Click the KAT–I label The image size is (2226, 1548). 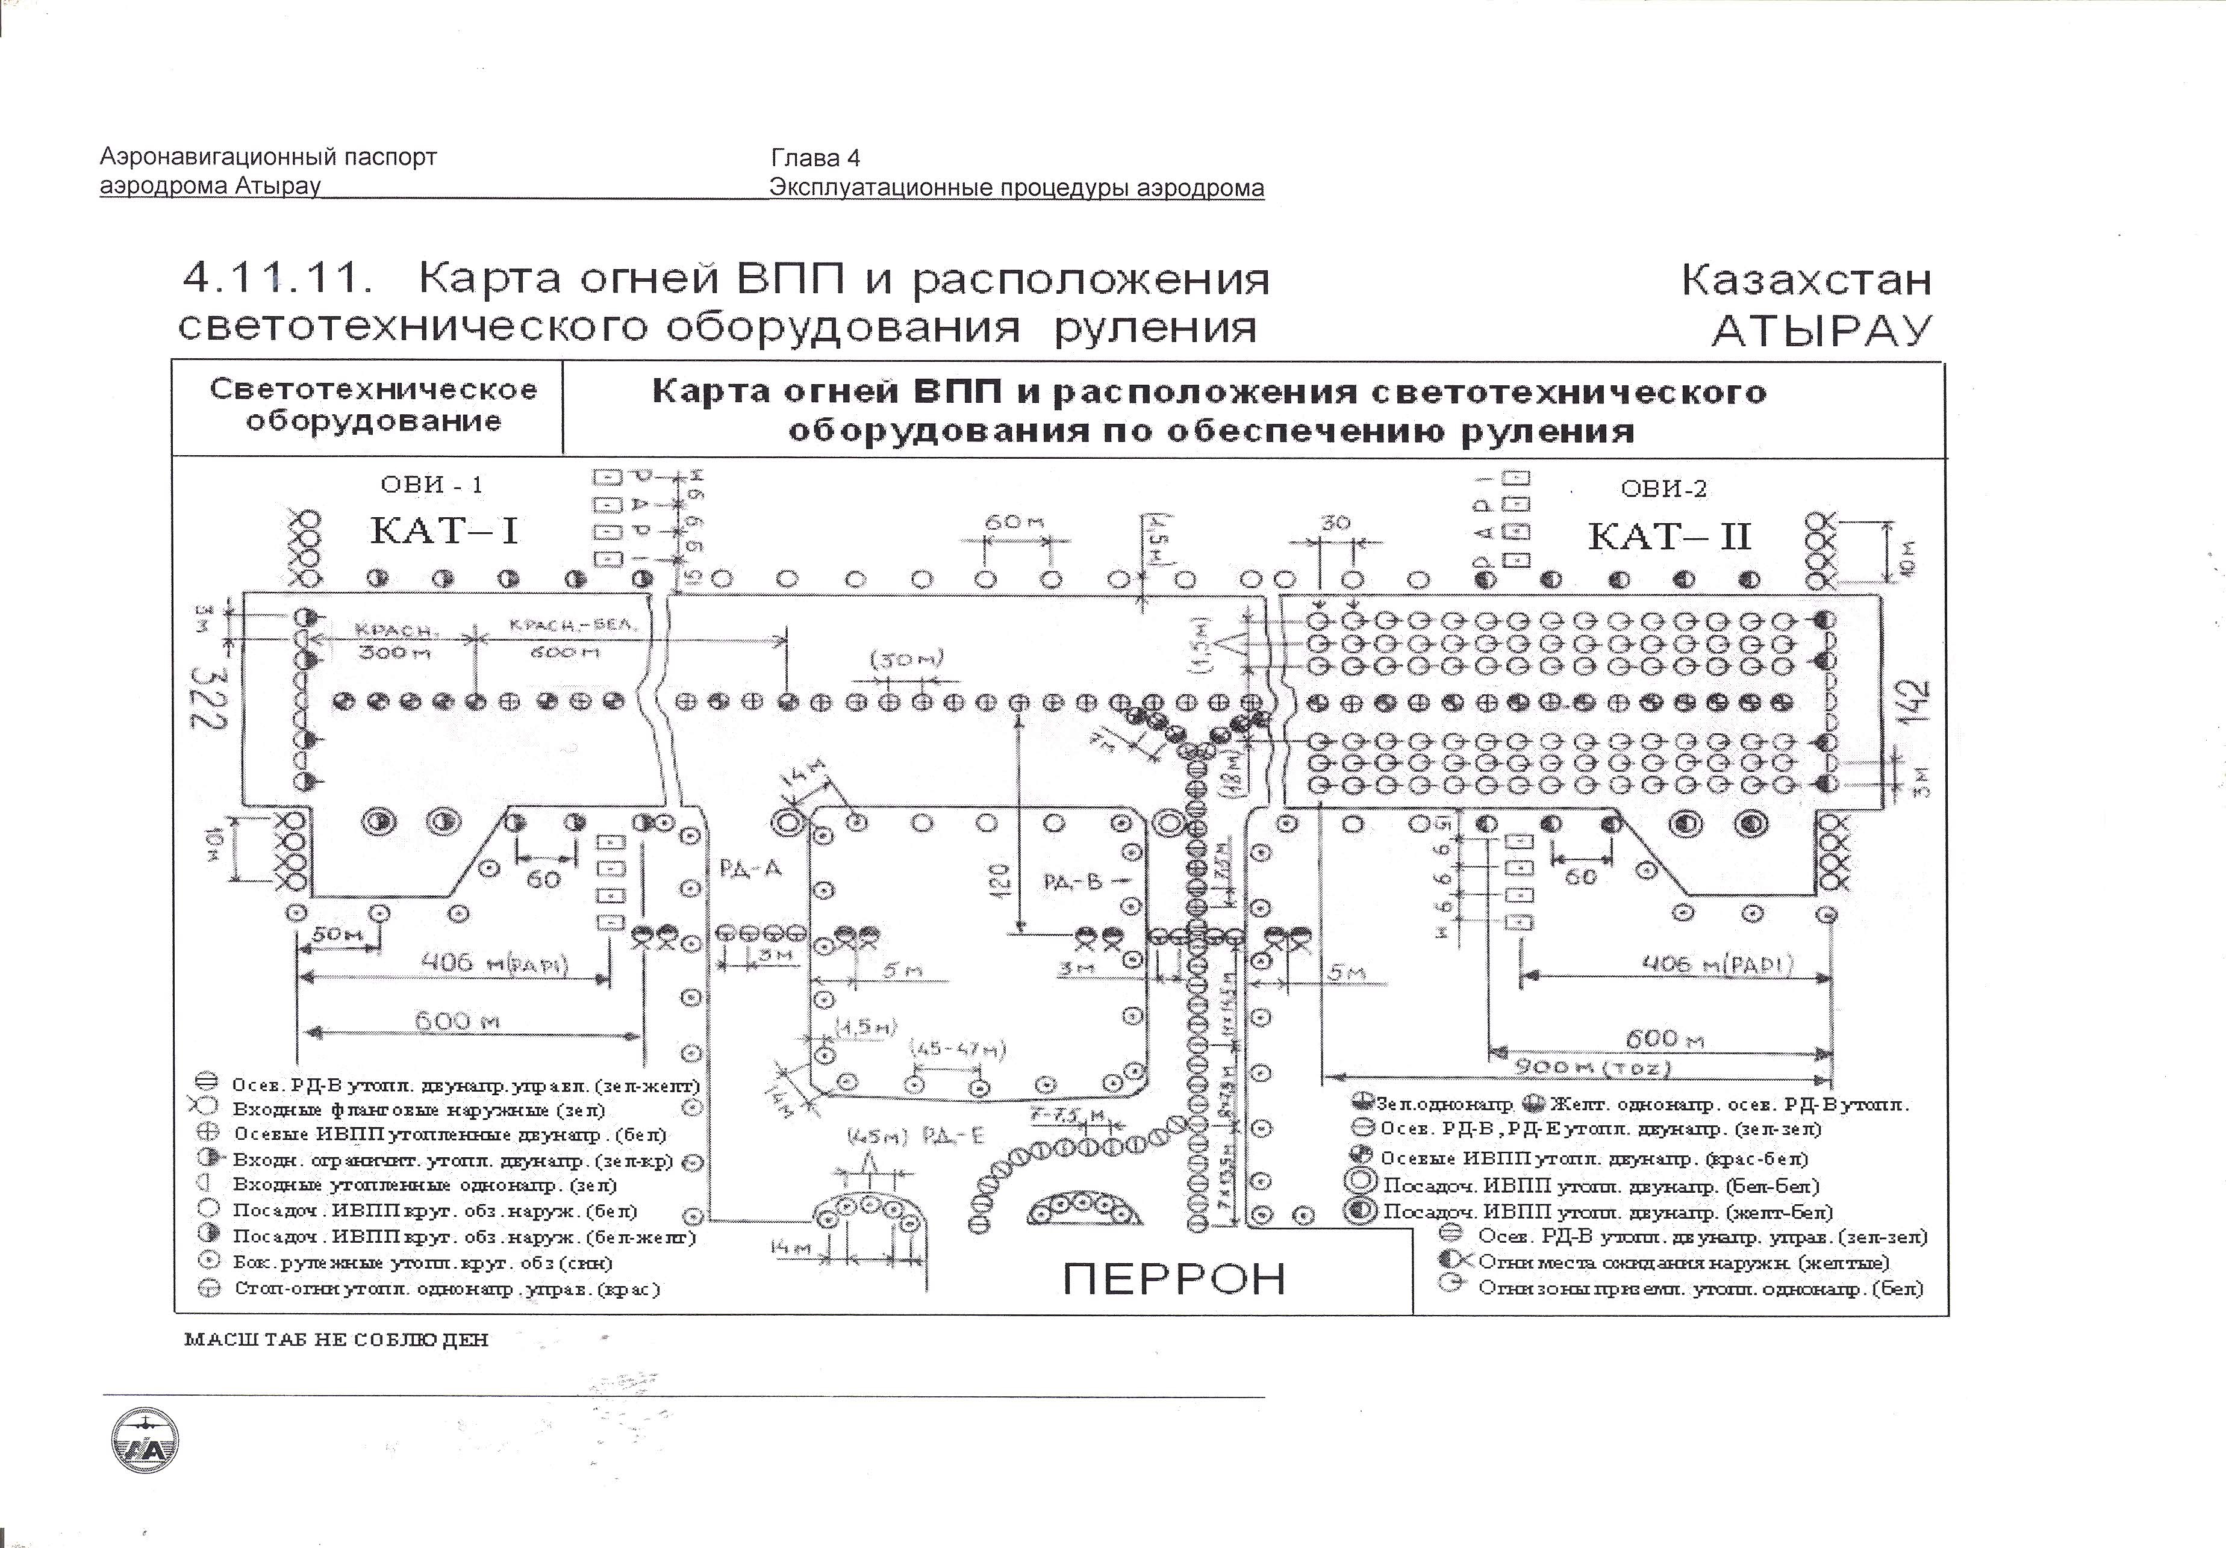click(x=444, y=531)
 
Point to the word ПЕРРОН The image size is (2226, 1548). click(x=1174, y=1278)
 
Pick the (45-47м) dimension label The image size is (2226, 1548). click(x=958, y=1049)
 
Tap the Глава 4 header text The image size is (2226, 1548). click(x=815, y=158)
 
